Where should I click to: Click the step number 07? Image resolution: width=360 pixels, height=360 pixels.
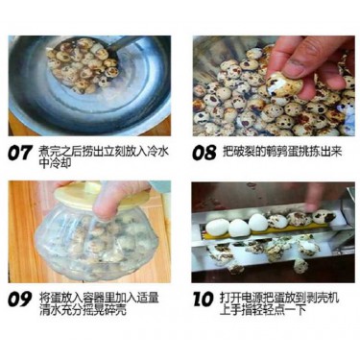click(20, 153)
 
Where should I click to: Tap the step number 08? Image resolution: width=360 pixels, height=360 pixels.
click(204, 153)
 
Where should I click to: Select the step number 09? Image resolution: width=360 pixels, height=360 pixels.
click(20, 299)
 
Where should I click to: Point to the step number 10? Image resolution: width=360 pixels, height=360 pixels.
click(203, 299)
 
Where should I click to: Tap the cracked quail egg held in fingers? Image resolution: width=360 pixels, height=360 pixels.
click(284, 84)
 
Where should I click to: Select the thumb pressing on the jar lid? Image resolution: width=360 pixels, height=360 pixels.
click(104, 204)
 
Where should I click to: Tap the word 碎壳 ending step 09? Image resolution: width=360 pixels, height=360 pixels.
click(115, 309)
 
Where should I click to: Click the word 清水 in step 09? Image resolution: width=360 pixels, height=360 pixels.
click(50, 309)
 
